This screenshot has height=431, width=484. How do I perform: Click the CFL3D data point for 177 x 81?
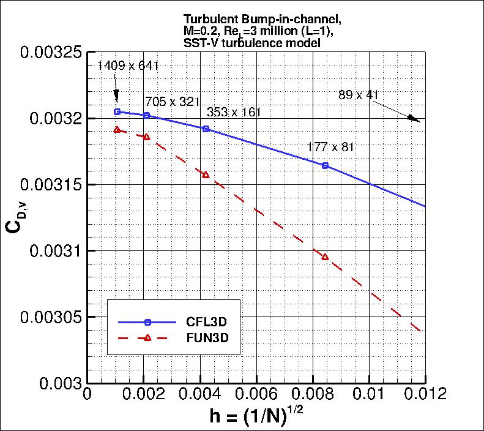click(x=325, y=166)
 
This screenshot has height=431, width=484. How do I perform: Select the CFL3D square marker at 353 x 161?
click(x=206, y=129)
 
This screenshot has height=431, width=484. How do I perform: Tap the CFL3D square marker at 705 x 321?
click(x=146, y=115)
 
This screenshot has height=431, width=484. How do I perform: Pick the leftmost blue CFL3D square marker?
click(x=117, y=111)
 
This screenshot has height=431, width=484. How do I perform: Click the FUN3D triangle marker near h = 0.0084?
click(x=325, y=257)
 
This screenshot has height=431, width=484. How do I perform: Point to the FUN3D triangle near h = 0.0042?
click(x=206, y=175)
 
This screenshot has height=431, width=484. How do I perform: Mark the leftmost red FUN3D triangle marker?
click(x=117, y=130)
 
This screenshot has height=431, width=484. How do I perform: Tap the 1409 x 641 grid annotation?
click(x=128, y=66)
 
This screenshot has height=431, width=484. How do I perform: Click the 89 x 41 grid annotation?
click(x=359, y=95)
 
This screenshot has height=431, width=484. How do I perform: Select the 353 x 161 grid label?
click(x=234, y=113)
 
